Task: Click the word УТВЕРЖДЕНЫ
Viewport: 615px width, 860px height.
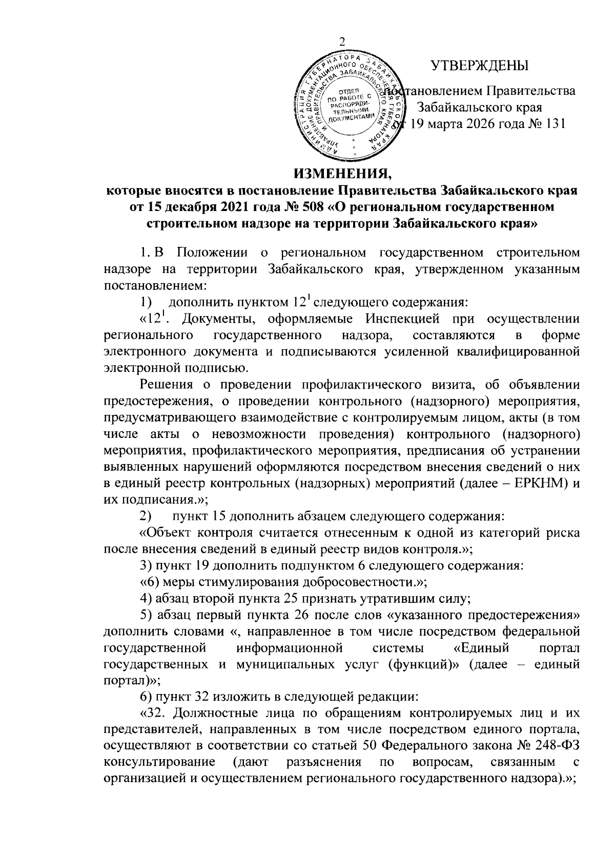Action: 480,66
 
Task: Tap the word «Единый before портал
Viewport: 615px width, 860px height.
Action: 482,648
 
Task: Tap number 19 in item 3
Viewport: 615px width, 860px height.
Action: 204,565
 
